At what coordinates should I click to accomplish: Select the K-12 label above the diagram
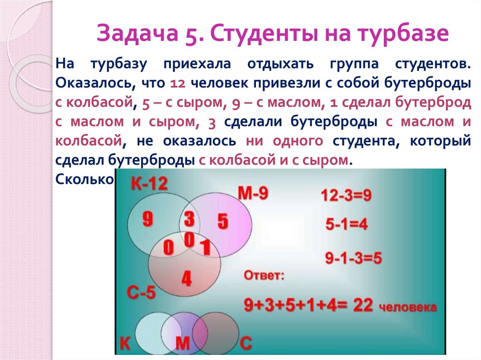coord(149,184)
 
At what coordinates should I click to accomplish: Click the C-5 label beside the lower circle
coord(141,293)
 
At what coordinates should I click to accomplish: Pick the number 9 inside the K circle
coord(147,219)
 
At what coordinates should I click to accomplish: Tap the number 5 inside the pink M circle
coord(223,221)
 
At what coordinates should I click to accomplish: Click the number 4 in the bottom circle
coord(186,278)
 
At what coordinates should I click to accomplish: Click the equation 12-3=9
coord(346,195)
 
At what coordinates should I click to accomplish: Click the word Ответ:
coord(264,275)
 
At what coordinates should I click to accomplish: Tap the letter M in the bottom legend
coord(182,344)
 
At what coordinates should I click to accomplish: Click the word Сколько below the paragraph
coord(85,179)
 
